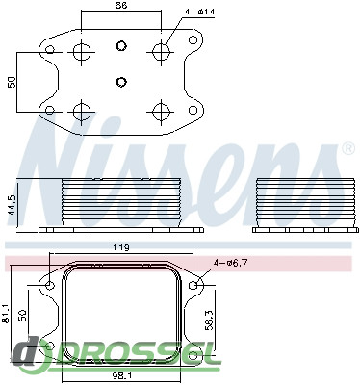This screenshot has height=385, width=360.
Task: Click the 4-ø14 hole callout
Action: click(199, 12)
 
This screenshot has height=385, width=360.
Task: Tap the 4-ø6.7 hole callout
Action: click(231, 263)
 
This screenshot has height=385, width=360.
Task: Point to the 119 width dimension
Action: click(121, 247)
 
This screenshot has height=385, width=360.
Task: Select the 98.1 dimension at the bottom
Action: click(121, 375)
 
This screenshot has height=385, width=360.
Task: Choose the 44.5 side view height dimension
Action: click(13, 204)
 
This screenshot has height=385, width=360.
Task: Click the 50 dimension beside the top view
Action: click(12, 82)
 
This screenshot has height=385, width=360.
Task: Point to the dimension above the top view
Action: click(121, 6)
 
